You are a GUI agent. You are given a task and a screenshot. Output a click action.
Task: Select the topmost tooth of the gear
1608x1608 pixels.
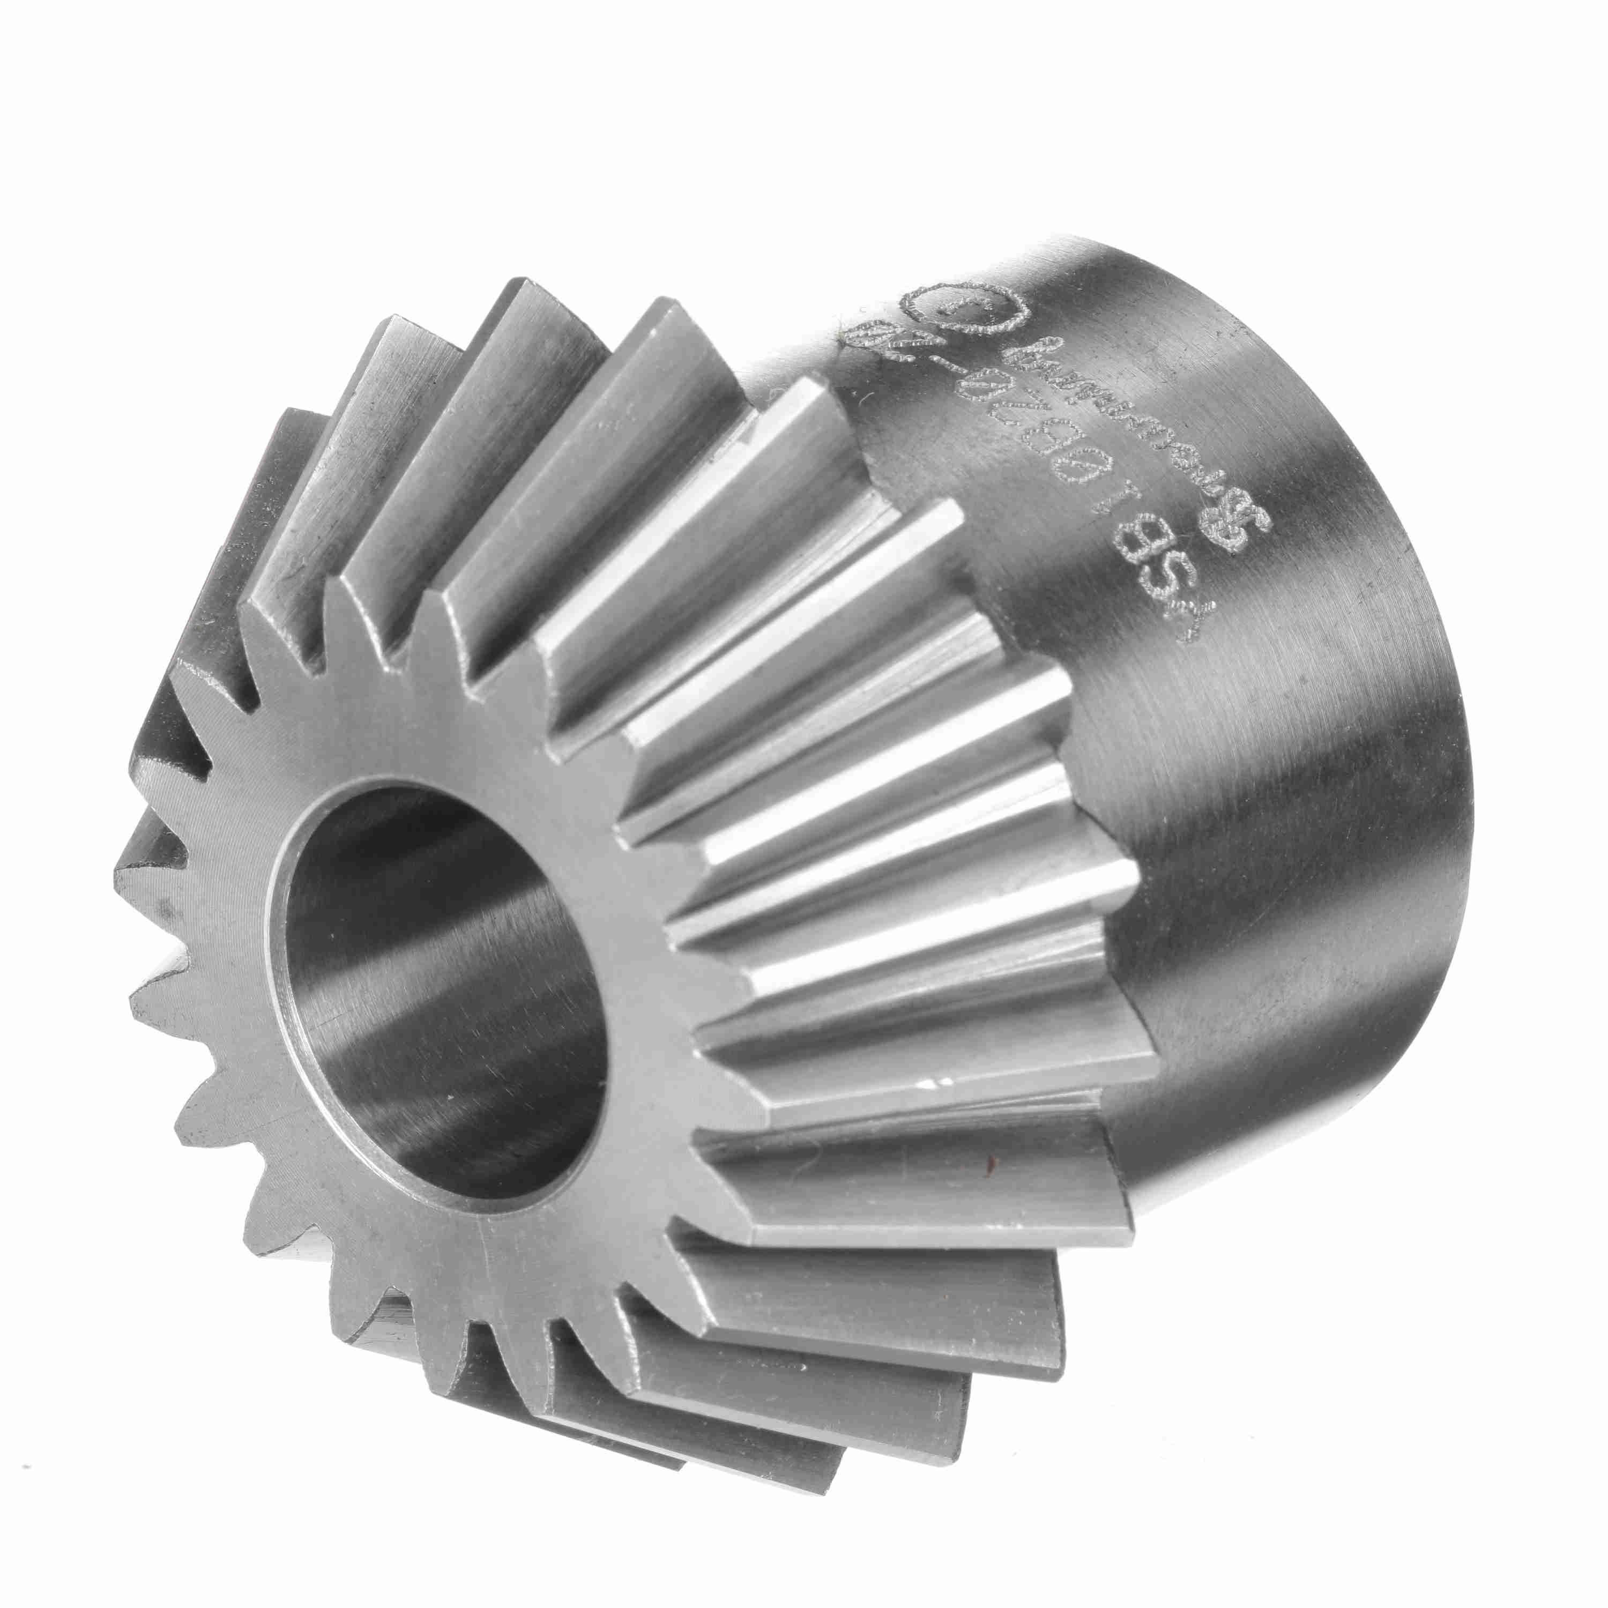(x=533, y=291)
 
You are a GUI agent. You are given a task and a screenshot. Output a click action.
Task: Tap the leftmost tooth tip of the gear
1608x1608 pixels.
(x=125, y=874)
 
